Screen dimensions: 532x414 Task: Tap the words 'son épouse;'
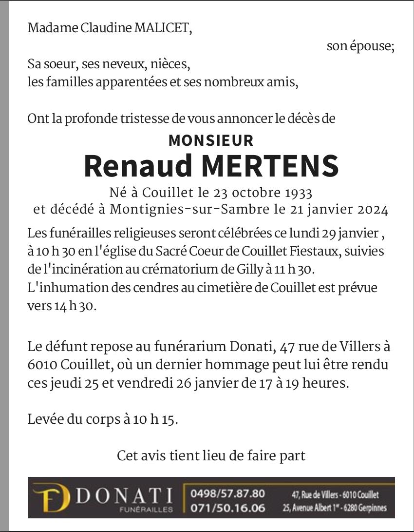pos(360,46)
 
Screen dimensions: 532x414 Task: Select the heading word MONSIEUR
pos(211,140)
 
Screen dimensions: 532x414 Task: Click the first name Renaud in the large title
pos(138,166)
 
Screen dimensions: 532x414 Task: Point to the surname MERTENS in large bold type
pos(270,166)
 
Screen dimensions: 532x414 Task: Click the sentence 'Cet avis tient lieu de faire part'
pos(211,455)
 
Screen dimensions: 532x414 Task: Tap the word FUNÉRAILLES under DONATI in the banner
pos(147,510)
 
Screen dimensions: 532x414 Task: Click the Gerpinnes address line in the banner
pos(334,508)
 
